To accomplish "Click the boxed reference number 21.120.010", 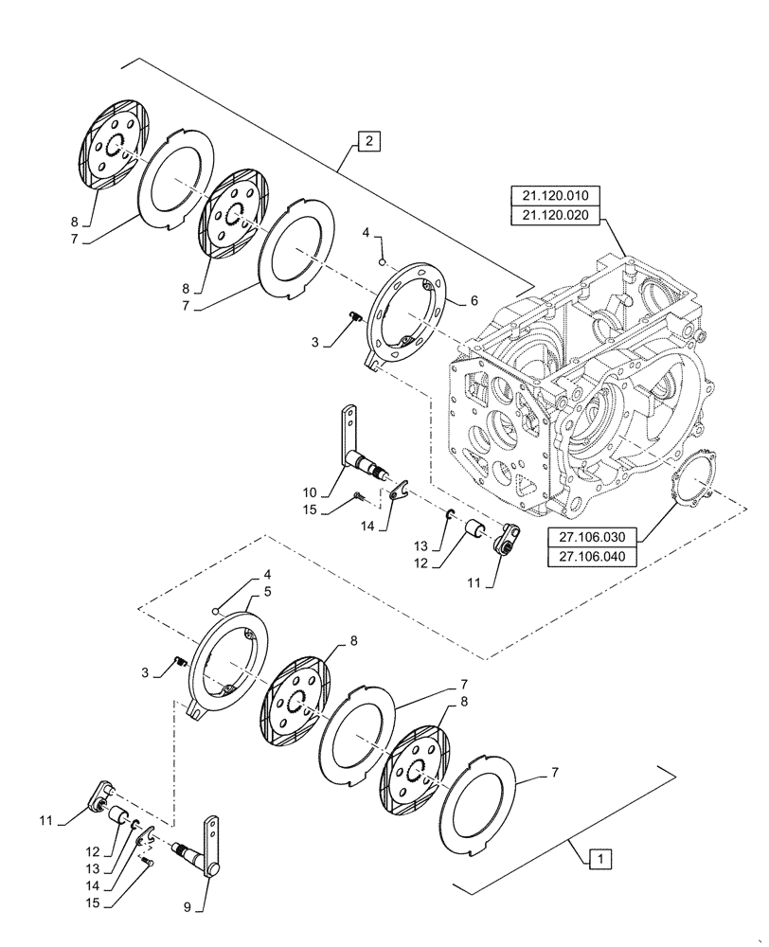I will click(555, 196).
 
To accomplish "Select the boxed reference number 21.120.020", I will click(555, 215).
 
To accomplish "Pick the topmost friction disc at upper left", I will click(113, 143).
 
